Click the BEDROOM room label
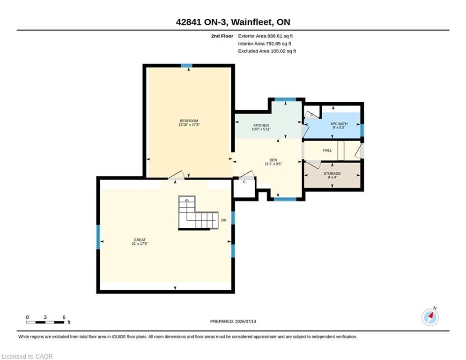point(189,121)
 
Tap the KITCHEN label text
point(261,125)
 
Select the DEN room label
point(273,160)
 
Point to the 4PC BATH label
point(339,124)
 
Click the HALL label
point(327,150)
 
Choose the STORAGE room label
point(332,173)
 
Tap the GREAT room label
point(140,240)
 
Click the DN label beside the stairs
point(224,220)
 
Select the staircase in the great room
point(198,212)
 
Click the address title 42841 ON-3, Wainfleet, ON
point(233,22)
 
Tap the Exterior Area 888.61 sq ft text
point(266,36)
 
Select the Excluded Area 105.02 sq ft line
point(267,51)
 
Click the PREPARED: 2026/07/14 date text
point(233,321)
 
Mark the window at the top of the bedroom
point(187,66)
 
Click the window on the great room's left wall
point(98,237)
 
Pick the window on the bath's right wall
point(362,130)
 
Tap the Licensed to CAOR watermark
point(27,356)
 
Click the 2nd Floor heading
point(222,36)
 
